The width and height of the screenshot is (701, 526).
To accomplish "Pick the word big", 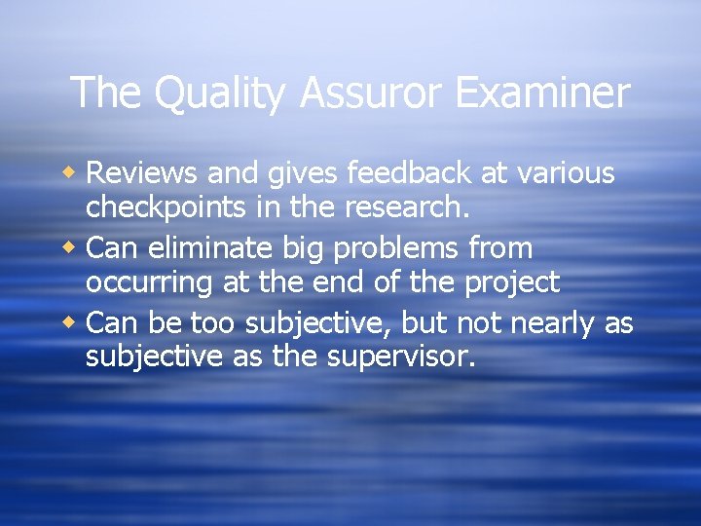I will click(303, 249).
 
